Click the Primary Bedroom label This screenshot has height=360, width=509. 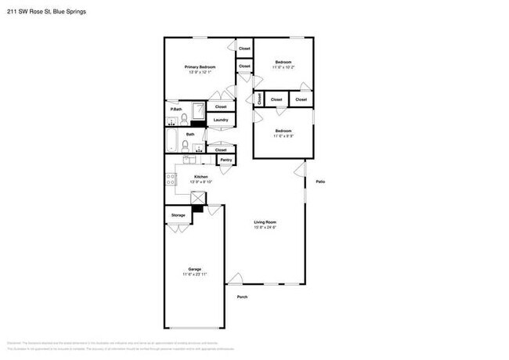[x=200, y=67]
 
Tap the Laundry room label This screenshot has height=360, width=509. [x=221, y=120]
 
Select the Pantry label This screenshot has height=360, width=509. [x=226, y=160]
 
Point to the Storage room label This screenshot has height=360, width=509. [x=179, y=214]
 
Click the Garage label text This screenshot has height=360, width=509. [x=194, y=269]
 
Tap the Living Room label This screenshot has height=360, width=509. [x=265, y=222]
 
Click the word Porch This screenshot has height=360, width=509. [x=242, y=296]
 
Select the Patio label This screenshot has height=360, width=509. [x=320, y=182]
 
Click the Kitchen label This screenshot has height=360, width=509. [x=200, y=177]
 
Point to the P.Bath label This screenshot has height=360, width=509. [x=176, y=109]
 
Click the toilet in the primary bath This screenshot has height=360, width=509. [x=184, y=120]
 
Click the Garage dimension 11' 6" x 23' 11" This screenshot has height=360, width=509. [x=194, y=275]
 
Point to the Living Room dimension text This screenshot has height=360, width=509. [x=265, y=228]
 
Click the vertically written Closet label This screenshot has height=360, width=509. [x=259, y=99]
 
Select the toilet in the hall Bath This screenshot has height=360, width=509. [x=197, y=146]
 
